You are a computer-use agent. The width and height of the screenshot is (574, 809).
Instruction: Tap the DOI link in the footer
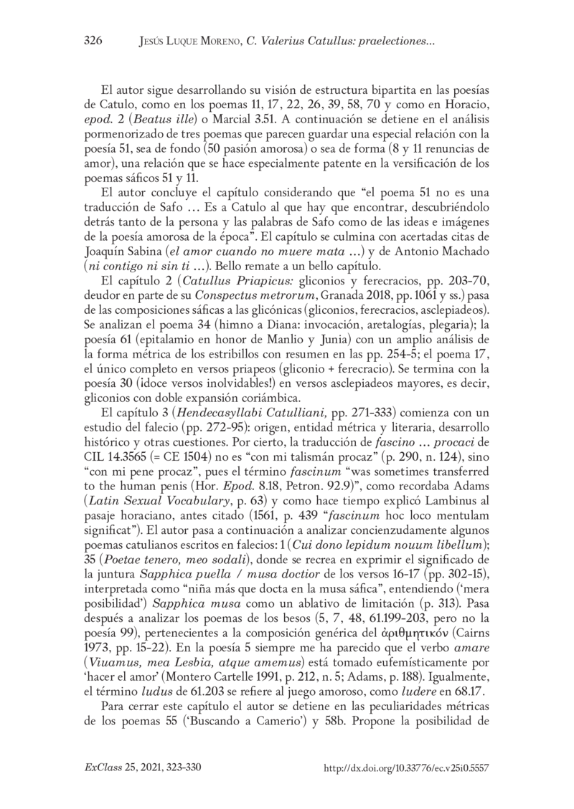click(407, 767)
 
